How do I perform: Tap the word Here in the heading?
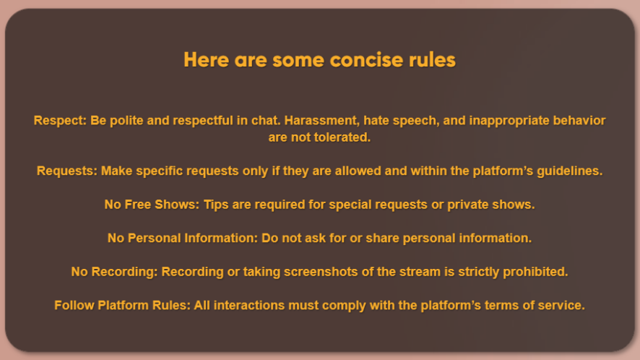pyautogui.click(x=206, y=60)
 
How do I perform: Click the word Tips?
pyautogui.click(x=216, y=205)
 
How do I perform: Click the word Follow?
pyautogui.click(x=74, y=305)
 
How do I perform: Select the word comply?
pyautogui.click(x=347, y=306)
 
